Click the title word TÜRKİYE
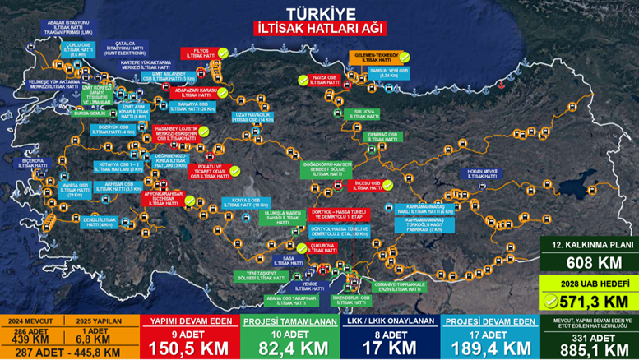(319, 12)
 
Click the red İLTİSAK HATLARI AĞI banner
(319, 28)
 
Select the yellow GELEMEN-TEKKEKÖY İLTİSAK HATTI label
(376, 58)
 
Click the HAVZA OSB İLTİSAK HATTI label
(326, 81)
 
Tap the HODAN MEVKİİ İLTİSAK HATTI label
(483, 173)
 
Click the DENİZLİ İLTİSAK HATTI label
(97, 222)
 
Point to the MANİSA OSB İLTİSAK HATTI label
(75, 188)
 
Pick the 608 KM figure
(587, 262)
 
